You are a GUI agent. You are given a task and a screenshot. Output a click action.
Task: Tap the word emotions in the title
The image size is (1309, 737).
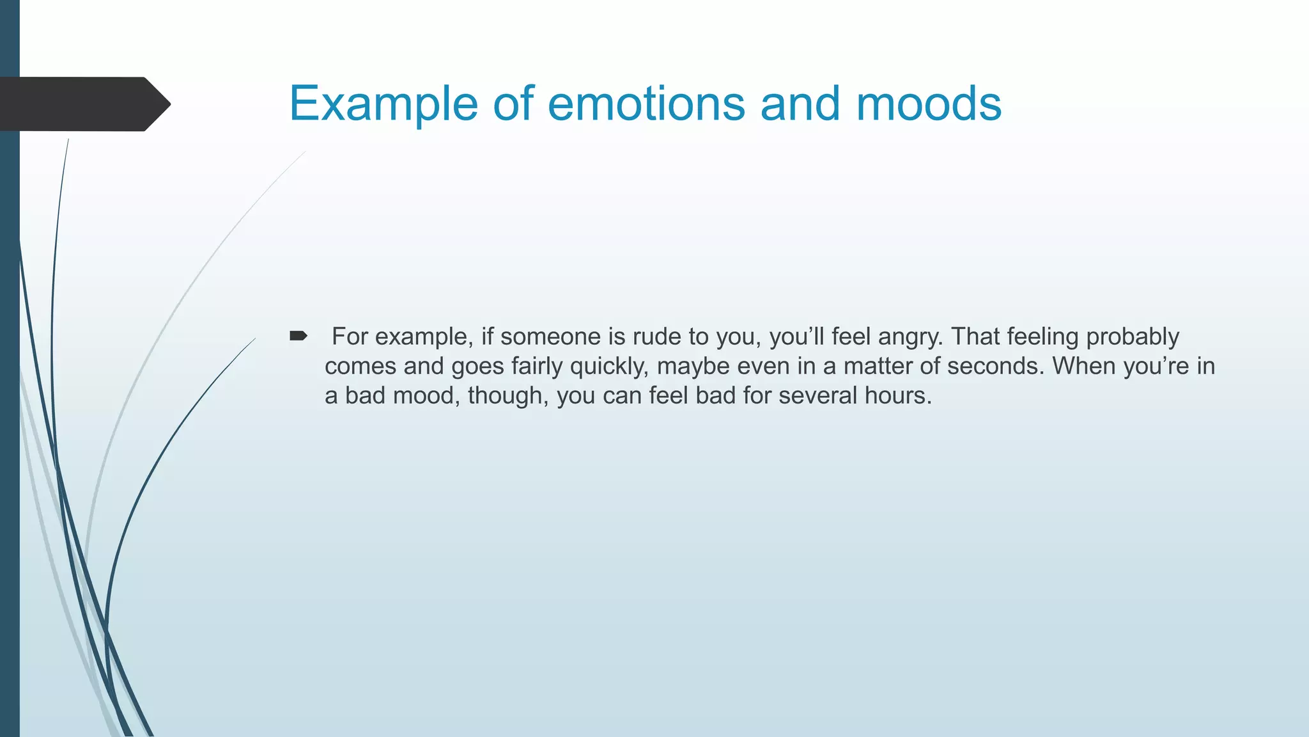pos(646,104)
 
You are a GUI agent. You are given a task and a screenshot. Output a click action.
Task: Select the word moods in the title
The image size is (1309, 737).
pos(928,104)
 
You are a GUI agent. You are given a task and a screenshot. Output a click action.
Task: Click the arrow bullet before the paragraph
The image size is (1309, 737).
pos(298,336)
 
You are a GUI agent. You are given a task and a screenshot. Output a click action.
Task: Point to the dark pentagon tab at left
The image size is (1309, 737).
pos(83,104)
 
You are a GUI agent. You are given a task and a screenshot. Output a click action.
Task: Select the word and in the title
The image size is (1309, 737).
pos(800,104)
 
